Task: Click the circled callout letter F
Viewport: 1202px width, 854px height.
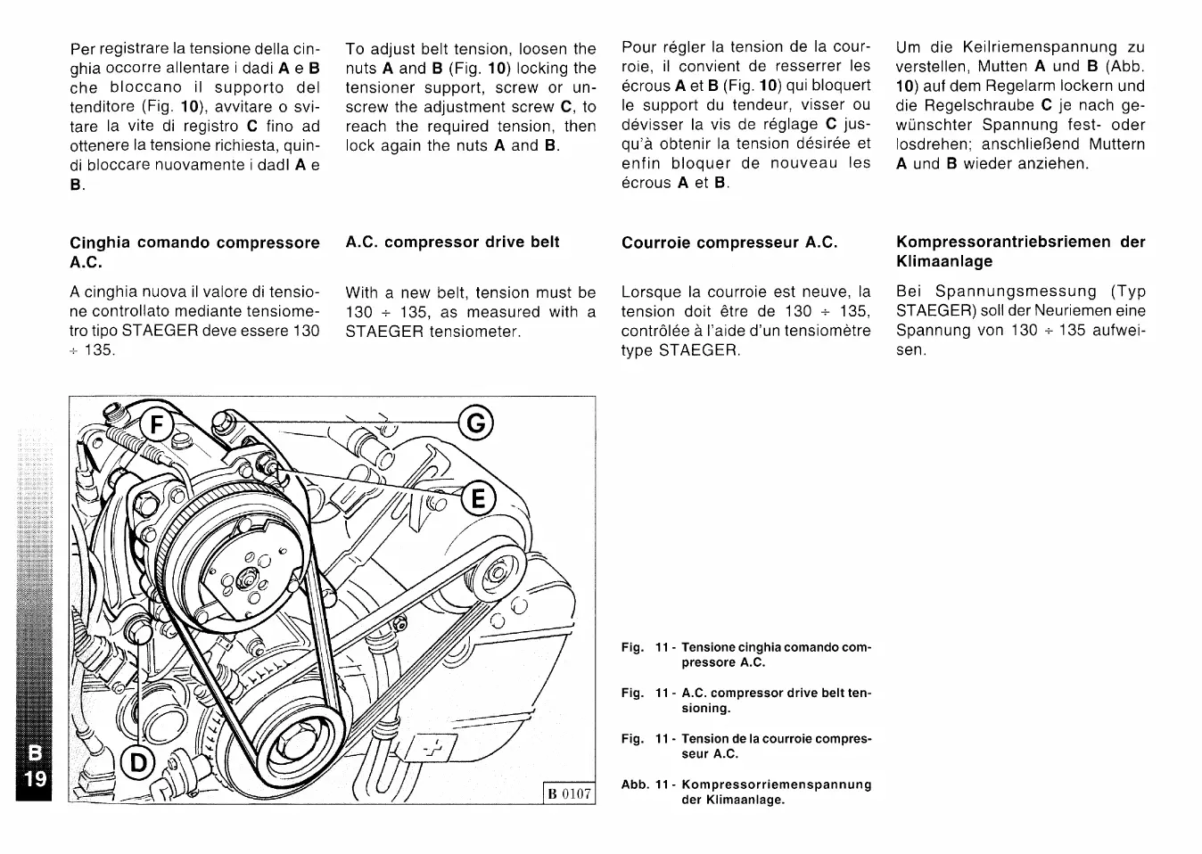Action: [x=158, y=424]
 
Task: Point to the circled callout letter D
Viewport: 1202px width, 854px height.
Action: [x=138, y=762]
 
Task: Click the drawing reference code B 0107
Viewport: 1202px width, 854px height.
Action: [x=569, y=793]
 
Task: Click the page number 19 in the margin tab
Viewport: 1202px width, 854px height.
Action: [x=36, y=779]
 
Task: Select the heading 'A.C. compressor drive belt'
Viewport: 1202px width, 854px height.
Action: [x=452, y=242]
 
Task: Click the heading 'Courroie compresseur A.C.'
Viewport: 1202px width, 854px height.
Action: [x=729, y=242]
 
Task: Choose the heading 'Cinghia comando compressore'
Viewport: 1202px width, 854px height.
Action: [x=194, y=242]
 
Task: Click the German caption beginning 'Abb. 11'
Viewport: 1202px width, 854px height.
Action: [x=745, y=792]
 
